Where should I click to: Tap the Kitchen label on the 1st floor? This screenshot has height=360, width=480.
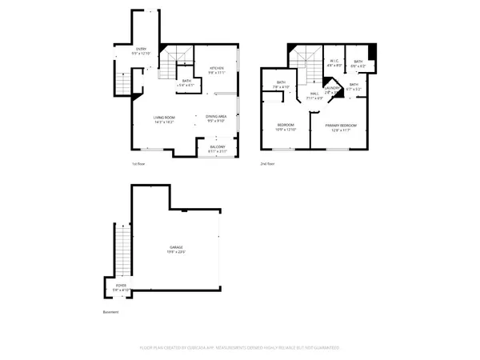pos(216,70)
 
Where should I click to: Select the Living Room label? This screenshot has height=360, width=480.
pos(165,121)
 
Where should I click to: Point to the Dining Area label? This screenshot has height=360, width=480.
pos(216,120)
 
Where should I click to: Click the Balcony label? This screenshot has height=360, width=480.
pos(218,148)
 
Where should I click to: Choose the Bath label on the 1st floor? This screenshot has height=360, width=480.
pos(186,82)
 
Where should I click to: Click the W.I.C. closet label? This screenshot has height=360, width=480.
pos(336,64)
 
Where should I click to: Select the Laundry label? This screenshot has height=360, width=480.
pos(330,90)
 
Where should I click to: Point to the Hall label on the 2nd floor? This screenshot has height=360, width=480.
pos(314,96)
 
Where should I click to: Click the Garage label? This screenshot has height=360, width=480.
pos(176,250)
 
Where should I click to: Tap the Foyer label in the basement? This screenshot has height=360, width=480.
pos(121,286)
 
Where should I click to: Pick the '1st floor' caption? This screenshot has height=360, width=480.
pos(139,163)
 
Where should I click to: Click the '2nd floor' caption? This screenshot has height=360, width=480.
pos(266,163)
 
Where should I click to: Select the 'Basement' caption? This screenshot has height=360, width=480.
pos(110,312)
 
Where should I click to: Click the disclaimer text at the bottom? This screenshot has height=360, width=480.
pos(239,348)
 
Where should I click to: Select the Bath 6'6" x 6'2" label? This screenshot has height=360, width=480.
pos(358,64)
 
